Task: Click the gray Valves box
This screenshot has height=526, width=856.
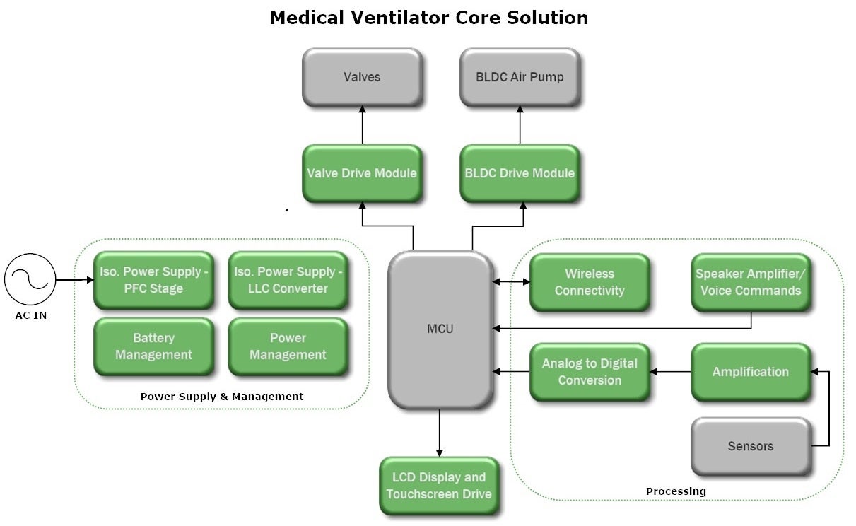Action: (362, 77)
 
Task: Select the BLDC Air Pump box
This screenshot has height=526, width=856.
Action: (520, 77)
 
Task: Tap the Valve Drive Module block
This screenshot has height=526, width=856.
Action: (362, 173)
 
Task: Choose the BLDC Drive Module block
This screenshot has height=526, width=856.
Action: (520, 173)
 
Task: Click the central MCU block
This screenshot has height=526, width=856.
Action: (440, 329)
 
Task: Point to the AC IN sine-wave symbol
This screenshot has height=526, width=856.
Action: (30, 280)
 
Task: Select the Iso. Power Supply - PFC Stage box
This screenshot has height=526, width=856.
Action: (153, 280)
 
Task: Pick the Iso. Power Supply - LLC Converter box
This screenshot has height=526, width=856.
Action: (288, 280)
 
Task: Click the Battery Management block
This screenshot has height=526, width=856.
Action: (153, 346)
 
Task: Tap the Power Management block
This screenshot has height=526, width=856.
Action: (288, 346)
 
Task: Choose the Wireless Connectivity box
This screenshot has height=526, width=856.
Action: (589, 282)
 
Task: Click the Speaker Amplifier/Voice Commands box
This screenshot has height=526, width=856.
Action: (750, 282)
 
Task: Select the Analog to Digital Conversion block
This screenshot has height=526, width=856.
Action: (589, 372)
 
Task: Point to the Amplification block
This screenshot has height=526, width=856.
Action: (750, 372)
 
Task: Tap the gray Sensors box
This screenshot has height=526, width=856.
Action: (750, 446)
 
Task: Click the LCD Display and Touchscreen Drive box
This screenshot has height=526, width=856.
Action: (439, 486)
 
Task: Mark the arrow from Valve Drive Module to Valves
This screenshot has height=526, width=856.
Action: (363, 125)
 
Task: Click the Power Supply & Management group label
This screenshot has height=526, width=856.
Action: (221, 397)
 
